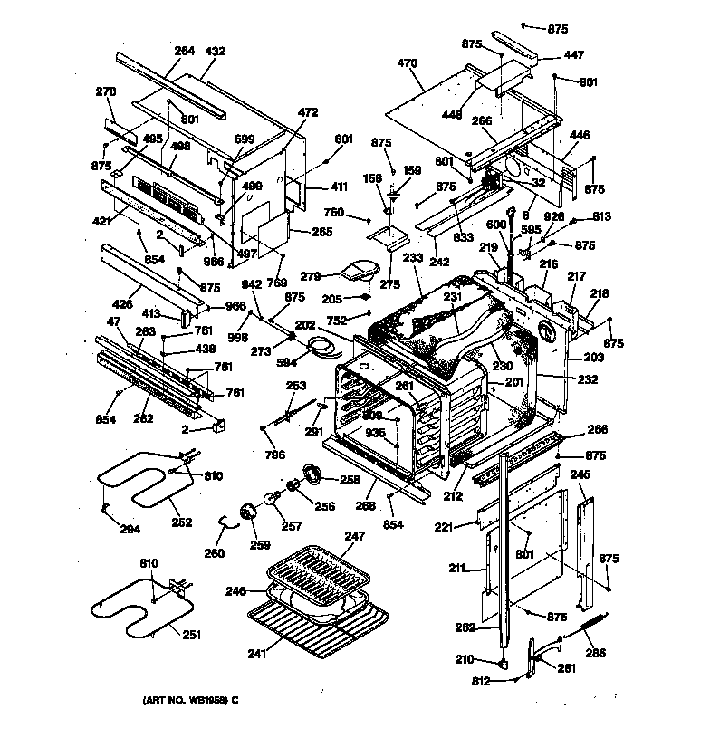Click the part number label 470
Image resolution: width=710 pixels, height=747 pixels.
pos(408,63)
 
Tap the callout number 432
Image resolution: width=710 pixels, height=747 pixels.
pos(216,52)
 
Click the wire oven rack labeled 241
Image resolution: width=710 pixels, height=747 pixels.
pos(321,625)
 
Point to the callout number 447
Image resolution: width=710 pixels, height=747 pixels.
pos(574,55)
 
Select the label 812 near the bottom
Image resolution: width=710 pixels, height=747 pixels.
pos(480,682)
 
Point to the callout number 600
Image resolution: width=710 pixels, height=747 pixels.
pos(522,225)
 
